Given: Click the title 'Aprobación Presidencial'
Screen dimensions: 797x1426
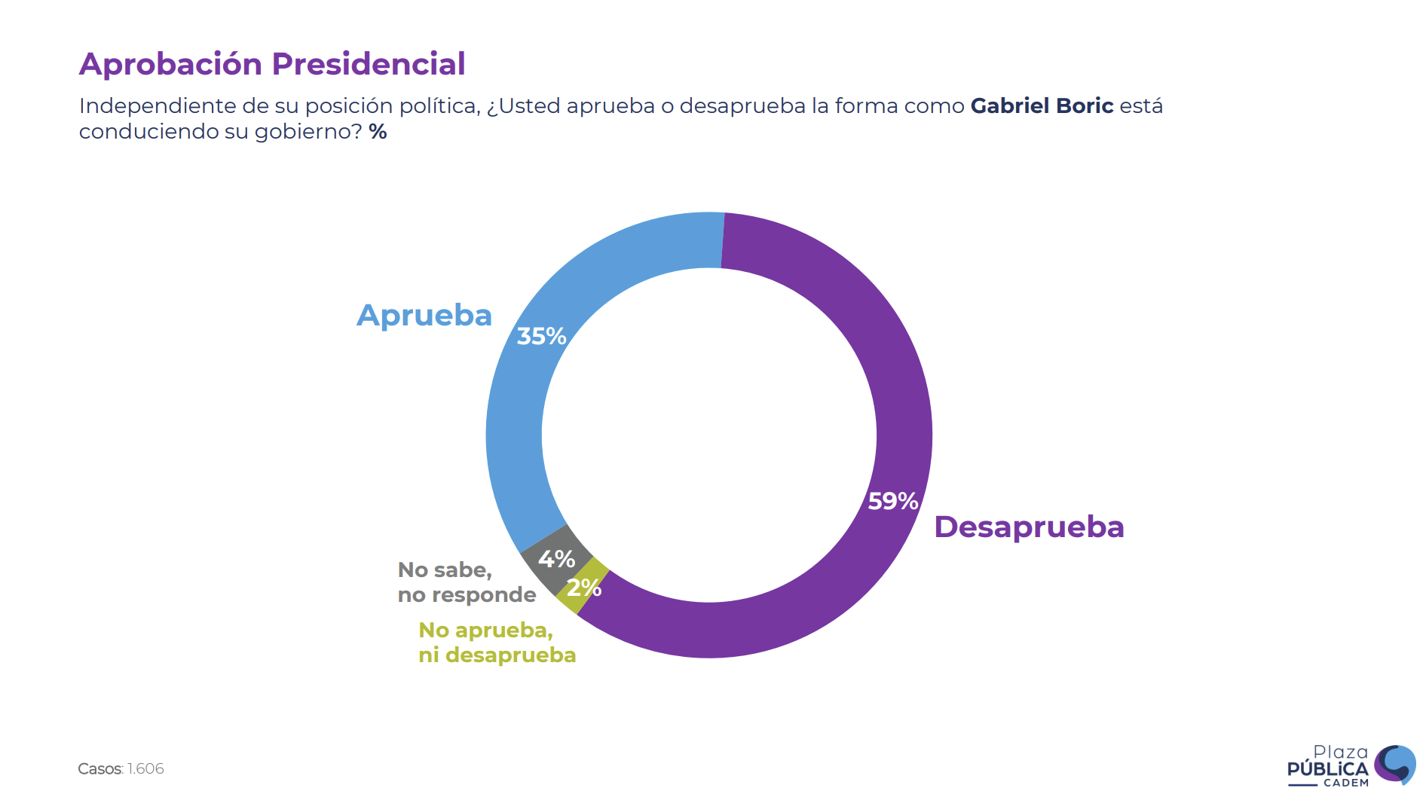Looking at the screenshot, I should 272,64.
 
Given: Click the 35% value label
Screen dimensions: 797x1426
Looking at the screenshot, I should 541,336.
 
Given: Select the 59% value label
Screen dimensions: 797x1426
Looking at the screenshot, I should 892,501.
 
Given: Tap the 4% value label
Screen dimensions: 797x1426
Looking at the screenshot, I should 556,559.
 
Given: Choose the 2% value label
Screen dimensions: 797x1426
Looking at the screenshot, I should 584,588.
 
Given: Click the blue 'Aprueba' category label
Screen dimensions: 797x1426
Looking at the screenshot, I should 424,315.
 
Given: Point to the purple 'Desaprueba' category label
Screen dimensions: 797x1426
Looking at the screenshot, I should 1029,527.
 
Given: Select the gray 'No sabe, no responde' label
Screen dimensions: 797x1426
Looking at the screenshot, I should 467,582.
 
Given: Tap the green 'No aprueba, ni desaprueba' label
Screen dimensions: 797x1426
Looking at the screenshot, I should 497,643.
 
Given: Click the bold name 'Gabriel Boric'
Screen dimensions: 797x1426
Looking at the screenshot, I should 1042,105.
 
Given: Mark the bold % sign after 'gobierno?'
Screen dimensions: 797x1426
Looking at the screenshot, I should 378,132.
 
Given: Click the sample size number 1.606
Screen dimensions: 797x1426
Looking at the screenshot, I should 145,768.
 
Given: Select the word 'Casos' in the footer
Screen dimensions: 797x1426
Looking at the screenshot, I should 99,768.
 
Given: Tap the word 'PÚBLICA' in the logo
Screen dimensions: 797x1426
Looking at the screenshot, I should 1327,769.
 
